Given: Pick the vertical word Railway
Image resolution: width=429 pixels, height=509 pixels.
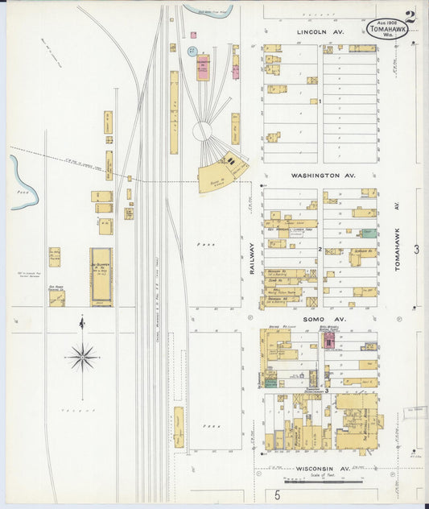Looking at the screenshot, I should point(251,259).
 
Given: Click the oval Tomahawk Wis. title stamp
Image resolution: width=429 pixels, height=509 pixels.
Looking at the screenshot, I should point(387,30).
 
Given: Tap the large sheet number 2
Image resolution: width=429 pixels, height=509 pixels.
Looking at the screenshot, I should point(410,16).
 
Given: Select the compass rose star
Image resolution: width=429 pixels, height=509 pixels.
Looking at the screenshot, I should point(82,354).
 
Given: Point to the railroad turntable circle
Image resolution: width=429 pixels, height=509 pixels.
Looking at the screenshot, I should point(204,130).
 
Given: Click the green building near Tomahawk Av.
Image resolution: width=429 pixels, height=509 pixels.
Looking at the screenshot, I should point(369,233).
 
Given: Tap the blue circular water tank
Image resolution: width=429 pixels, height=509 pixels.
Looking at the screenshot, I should point(192,51).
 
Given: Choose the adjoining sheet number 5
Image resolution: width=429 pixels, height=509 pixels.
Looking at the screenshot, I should point(276,495).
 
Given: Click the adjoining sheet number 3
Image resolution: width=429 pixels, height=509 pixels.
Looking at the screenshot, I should point(416,250).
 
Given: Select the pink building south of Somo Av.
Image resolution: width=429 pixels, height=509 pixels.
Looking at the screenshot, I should point(329,341).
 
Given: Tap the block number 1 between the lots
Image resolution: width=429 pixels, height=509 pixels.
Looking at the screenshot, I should point(320,101).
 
